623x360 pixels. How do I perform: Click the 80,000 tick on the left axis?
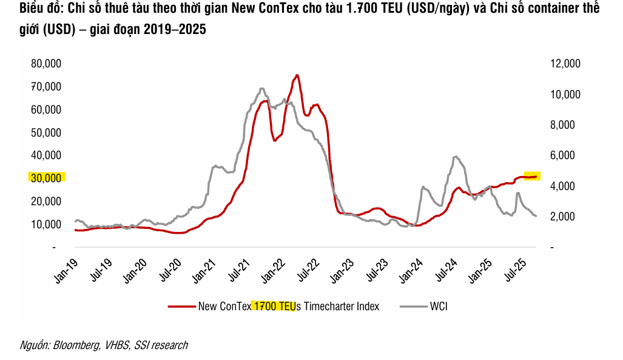[x=45, y=64]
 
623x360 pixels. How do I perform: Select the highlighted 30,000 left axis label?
[x=46, y=178]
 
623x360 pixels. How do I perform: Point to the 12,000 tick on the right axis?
[x=565, y=64]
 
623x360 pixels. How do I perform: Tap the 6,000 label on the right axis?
[x=568, y=155]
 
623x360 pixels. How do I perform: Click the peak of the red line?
[x=297, y=75]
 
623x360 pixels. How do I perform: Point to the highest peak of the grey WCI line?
[x=261, y=89]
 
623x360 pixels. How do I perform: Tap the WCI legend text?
[x=439, y=307]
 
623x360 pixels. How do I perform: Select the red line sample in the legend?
[x=182, y=307]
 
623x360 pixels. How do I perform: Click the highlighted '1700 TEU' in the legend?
[x=274, y=307]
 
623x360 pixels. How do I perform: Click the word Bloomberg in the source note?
[x=76, y=345]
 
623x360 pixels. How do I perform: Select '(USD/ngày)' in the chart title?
[x=436, y=10]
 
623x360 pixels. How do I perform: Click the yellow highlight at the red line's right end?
[x=532, y=176]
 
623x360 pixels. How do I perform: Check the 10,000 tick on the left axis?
[x=45, y=224]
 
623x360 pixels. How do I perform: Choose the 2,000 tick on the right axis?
[x=568, y=217]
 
